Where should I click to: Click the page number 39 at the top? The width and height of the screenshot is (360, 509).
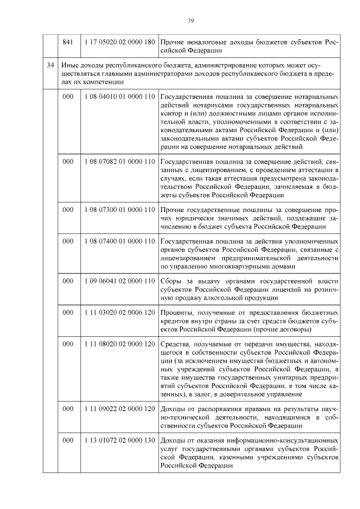point(190,21)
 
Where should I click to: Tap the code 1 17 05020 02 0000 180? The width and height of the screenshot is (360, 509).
point(119,42)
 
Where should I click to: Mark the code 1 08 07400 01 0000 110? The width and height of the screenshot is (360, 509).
point(119,241)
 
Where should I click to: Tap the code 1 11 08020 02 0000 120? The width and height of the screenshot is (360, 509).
point(119,344)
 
